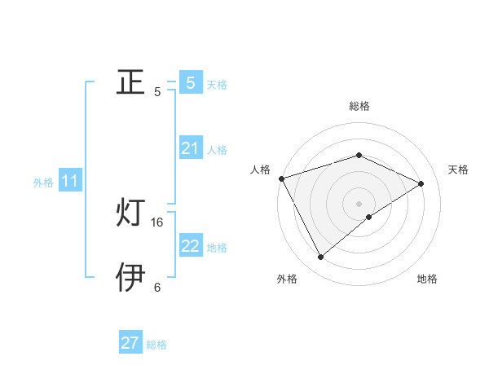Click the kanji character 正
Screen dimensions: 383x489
(x=131, y=82)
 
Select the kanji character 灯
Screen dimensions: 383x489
(x=131, y=214)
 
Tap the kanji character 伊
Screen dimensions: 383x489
(x=131, y=277)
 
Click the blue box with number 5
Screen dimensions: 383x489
(x=190, y=82)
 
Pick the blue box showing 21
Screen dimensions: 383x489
(x=190, y=148)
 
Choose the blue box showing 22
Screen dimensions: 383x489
(x=190, y=246)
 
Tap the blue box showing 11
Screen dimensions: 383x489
(x=69, y=181)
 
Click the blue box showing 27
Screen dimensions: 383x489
(x=130, y=343)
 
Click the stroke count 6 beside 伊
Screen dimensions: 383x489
(x=157, y=287)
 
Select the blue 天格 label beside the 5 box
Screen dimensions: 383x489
(x=217, y=84)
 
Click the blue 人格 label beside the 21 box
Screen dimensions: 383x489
(x=217, y=150)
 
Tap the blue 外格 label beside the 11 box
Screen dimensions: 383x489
(x=43, y=183)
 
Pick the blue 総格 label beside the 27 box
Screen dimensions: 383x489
(x=156, y=345)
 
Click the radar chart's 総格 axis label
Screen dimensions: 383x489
(x=359, y=106)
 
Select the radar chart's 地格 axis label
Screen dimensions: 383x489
(x=427, y=279)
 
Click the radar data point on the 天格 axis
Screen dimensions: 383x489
(x=421, y=183)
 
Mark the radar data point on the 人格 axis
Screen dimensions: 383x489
(x=281, y=178)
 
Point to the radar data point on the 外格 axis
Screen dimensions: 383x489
(x=321, y=258)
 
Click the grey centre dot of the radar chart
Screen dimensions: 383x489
(x=359, y=203)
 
